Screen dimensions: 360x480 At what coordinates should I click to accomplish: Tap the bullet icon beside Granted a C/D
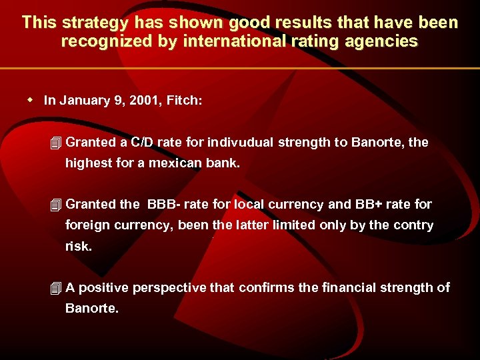[56, 143]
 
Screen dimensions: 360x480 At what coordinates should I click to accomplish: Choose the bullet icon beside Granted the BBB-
[56, 205]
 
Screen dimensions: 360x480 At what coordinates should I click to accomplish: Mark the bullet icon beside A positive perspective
[56, 288]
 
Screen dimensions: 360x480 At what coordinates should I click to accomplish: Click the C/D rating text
[144, 142]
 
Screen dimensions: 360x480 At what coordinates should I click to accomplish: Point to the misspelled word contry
[413, 225]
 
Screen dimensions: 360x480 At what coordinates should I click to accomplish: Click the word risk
[79, 246]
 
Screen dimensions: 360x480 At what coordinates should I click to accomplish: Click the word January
[83, 100]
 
